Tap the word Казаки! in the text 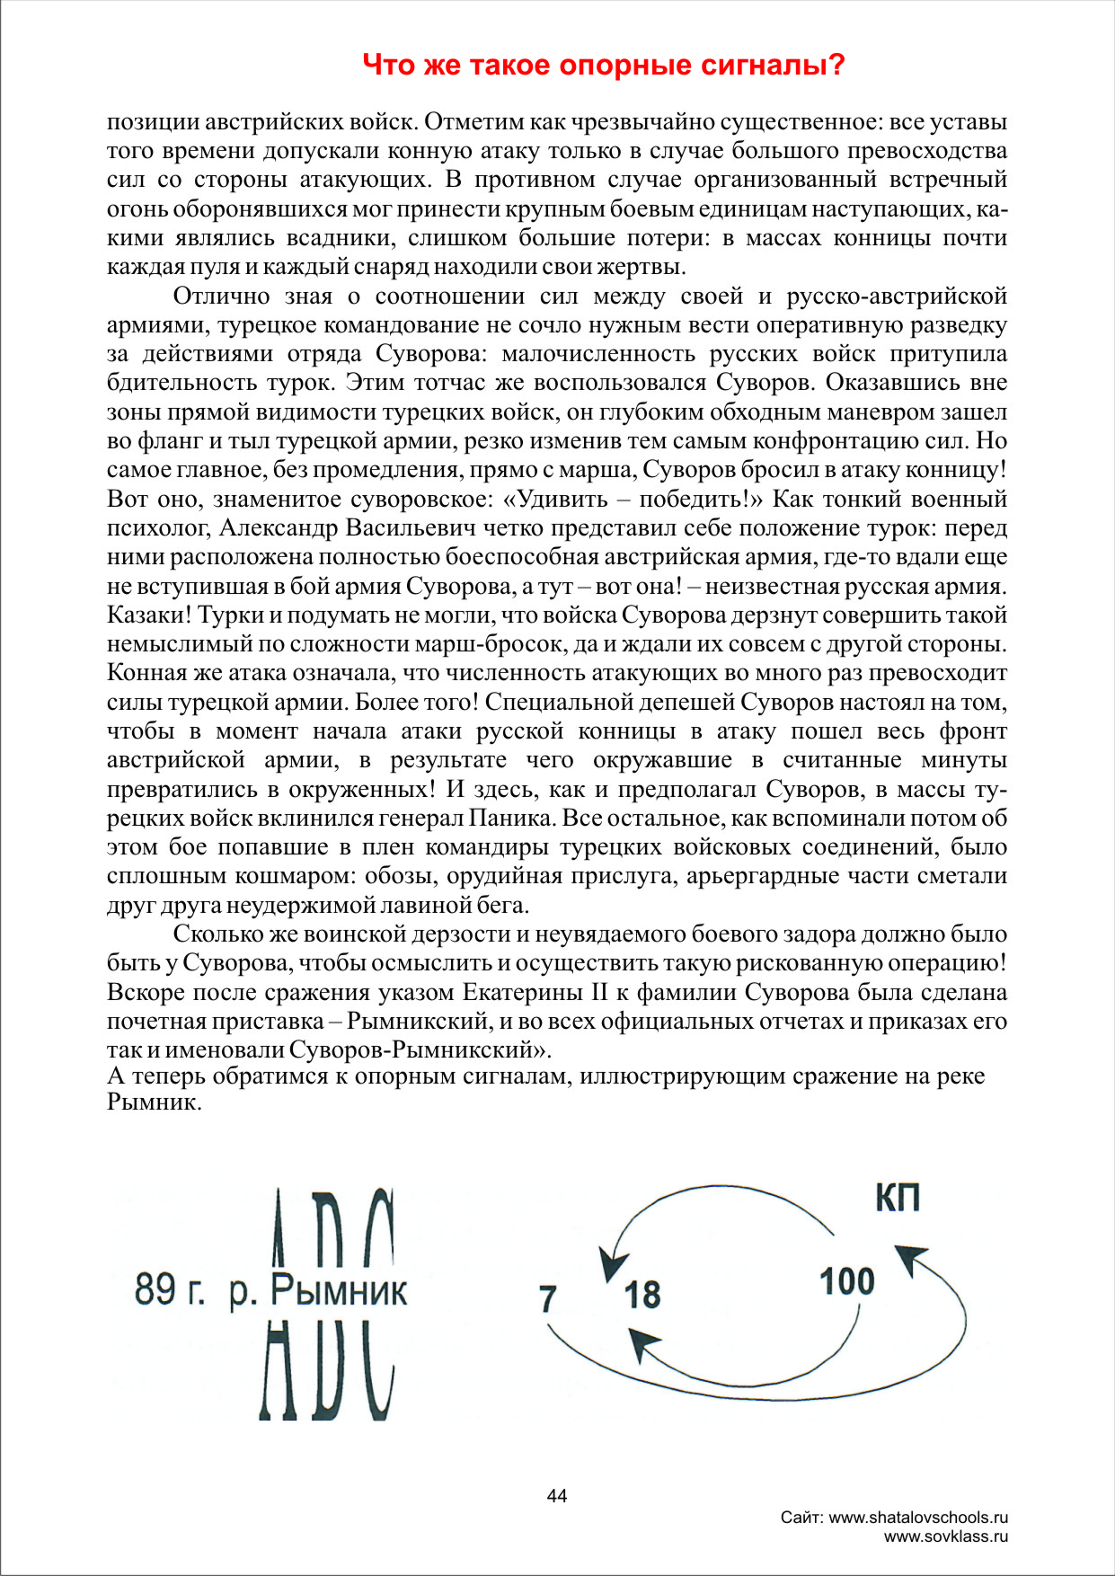[x=148, y=615]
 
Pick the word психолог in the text [x=159, y=528]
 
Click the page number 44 [x=557, y=1496]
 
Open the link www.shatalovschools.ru [x=917, y=1518]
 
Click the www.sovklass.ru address [x=945, y=1536]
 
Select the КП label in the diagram [x=898, y=1198]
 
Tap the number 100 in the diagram [x=846, y=1282]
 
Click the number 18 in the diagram [x=642, y=1296]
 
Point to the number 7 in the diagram [x=547, y=1299]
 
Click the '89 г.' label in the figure [x=169, y=1290]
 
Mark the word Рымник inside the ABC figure [x=339, y=1291]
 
